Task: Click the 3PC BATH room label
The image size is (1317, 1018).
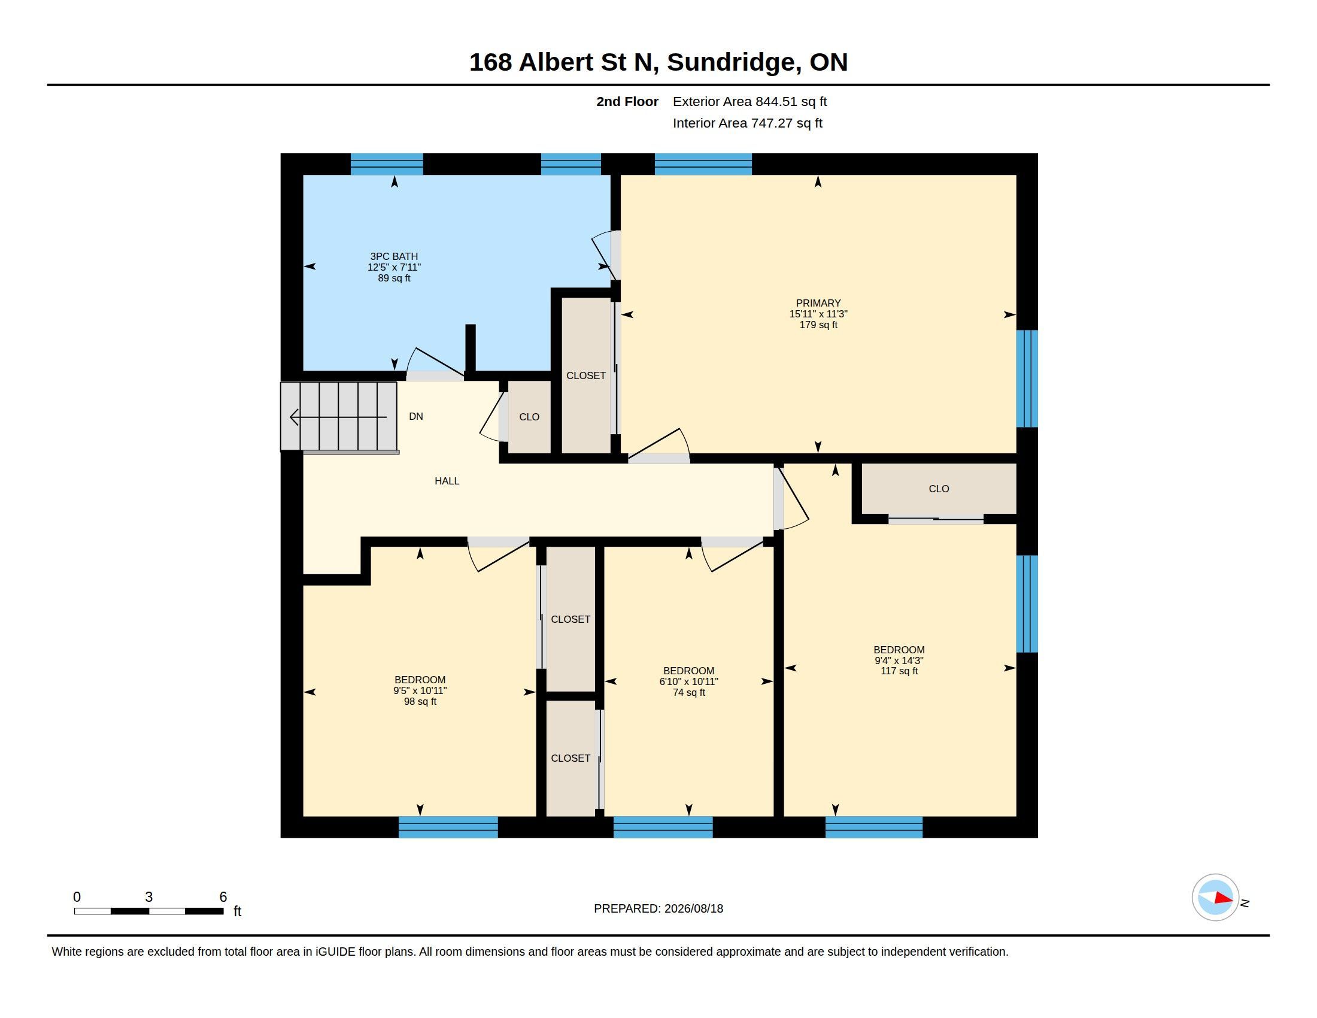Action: (394, 256)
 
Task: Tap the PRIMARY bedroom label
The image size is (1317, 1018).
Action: (818, 304)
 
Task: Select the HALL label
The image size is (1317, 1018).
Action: (447, 481)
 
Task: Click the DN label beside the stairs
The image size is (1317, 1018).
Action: (415, 416)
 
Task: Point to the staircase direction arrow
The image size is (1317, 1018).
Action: (338, 417)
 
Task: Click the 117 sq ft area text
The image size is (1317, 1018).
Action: (899, 671)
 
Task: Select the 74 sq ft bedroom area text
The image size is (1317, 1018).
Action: (688, 692)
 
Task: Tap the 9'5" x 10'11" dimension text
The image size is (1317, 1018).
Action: (420, 690)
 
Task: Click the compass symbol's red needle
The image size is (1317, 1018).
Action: (1224, 898)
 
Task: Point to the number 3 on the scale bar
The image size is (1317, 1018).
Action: (148, 897)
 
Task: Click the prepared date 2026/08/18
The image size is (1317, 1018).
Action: (693, 908)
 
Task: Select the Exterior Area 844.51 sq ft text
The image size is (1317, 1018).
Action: (749, 101)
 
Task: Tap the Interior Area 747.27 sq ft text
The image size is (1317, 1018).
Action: (747, 123)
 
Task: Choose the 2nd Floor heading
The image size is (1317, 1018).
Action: (627, 101)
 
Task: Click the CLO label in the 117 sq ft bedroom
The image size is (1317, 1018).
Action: (938, 489)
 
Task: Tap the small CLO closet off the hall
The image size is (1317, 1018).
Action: (529, 417)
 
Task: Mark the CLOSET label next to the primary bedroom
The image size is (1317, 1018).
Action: (585, 375)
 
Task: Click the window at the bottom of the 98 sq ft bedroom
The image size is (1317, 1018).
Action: (448, 827)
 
